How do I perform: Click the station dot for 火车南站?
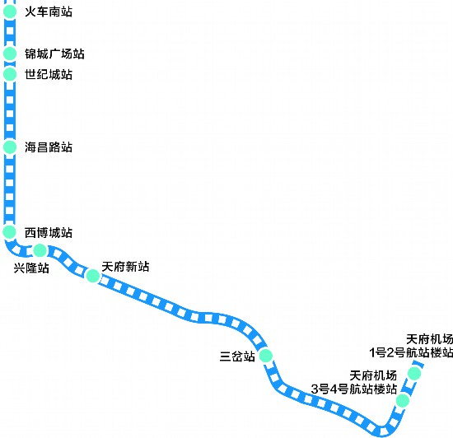[x=10, y=12]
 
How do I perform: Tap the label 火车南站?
[x=49, y=12]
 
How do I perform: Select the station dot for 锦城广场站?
[x=10, y=54]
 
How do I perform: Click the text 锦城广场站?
[x=54, y=54]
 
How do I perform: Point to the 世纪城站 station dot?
[x=10, y=74]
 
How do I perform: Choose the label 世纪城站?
[x=49, y=74]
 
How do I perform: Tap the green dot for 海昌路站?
[x=10, y=147]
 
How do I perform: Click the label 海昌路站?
[x=49, y=147]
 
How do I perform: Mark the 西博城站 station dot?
[x=9, y=231]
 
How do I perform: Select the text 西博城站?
[x=49, y=233]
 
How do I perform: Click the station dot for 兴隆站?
[x=40, y=250]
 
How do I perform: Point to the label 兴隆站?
[x=31, y=268]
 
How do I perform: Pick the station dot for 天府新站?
[x=93, y=276]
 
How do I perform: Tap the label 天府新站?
[x=125, y=267]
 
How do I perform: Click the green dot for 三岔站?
[x=266, y=356]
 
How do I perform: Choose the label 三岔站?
[x=237, y=356]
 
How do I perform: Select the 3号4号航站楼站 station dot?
[x=403, y=400]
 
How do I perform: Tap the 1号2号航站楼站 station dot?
[x=414, y=373]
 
